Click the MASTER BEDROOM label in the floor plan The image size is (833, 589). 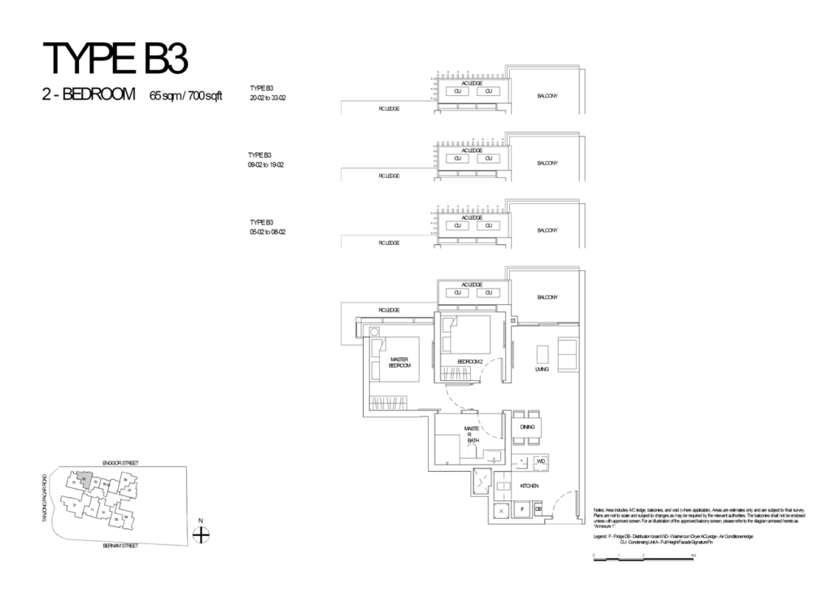(x=399, y=363)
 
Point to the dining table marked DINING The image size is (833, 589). (x=526, y=425)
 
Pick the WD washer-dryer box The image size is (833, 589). (x=541, y=460)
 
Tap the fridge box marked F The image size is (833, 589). (x=521, y=509)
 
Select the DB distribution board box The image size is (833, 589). (x=539, y=509)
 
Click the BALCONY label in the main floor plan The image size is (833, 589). (x=547, y=298)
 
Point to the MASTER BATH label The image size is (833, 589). (x=471, y=433)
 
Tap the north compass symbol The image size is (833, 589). (x=202, y=534)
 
